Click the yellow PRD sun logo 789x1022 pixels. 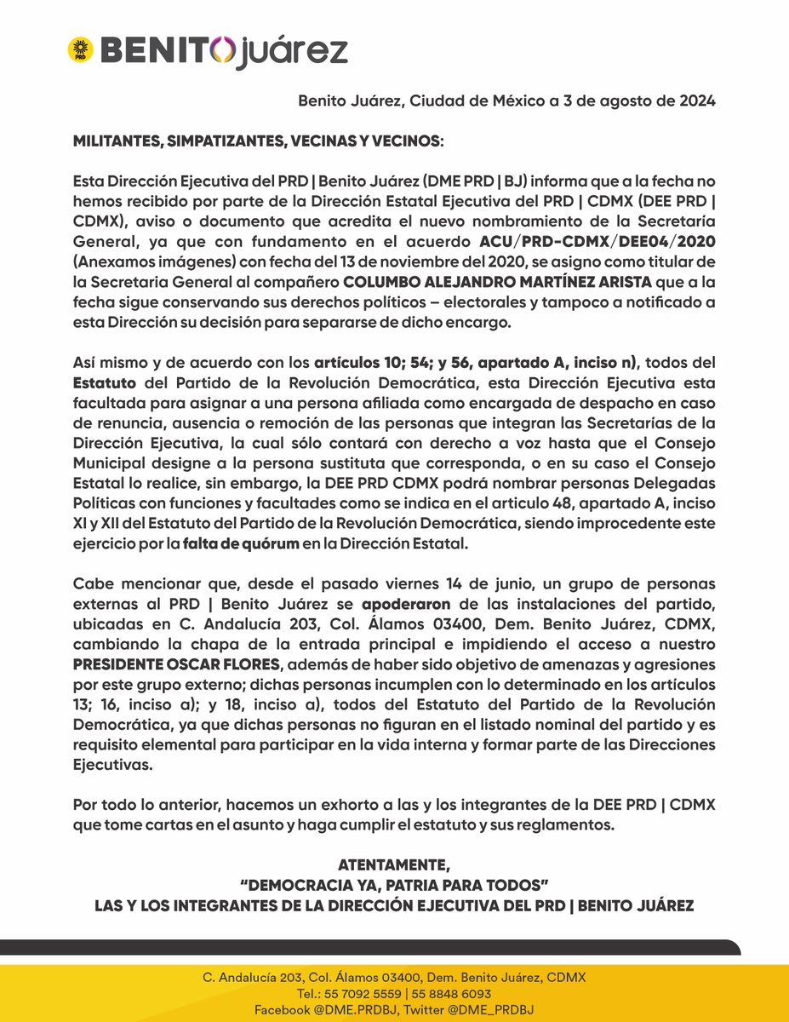[x=81, y=49]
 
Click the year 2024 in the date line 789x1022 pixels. [x=696, y=100]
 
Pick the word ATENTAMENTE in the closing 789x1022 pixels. [x=394, y=864]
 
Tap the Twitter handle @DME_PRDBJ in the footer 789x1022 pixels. [x=495, y=1010]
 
